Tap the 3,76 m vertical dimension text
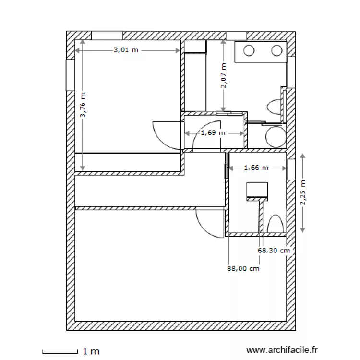point(83,105)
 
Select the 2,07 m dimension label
point(223,76)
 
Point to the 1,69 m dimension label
point(213,133)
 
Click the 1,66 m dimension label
point(256,168)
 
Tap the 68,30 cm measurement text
point(274,250)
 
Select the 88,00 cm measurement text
point(243,269)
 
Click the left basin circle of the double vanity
point(250,50)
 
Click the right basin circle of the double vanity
point(277,50)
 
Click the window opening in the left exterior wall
point(70,74)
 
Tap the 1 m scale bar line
point(60,352)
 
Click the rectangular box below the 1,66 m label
point(257,191)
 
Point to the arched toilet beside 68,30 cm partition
point(276,225)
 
